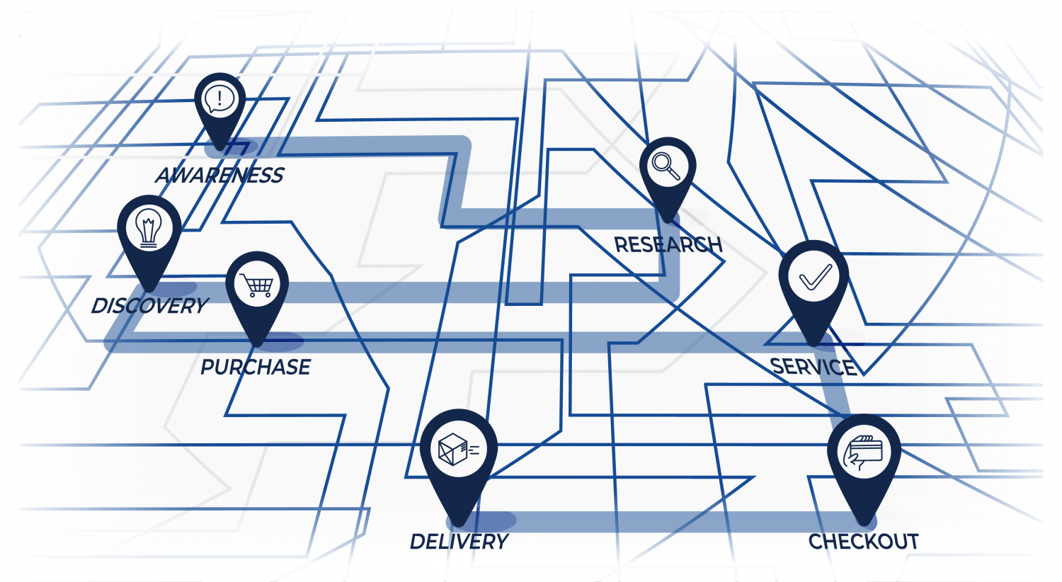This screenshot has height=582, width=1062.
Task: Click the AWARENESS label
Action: coord(219,175)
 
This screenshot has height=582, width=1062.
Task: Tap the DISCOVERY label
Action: coord(149,306)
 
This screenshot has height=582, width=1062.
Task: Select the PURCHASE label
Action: coord(256,367)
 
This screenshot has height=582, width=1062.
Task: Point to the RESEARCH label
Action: coord(668,245)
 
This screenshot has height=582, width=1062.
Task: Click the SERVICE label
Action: coord(813,367)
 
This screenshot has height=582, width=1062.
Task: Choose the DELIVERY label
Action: coord(459,542)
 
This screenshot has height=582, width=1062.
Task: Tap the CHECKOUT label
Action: coord(863,542)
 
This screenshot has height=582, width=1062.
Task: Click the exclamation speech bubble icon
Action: coord(220,98)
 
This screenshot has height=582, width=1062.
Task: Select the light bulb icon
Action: coord(149,227)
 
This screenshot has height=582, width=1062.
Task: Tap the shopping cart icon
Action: coord(257,285)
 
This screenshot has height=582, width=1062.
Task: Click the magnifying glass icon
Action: coord(667,166)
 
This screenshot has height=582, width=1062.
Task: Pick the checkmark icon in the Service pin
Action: coord(814,277)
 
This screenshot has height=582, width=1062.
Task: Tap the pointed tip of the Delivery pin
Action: coord(459,525)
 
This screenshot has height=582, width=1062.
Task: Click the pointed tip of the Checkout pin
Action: coord(864,525)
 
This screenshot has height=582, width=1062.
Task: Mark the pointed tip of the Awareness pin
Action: coord(220,149)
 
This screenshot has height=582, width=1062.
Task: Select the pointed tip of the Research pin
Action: coord(668,220)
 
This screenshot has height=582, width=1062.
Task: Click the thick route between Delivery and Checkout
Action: coord(658,522)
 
